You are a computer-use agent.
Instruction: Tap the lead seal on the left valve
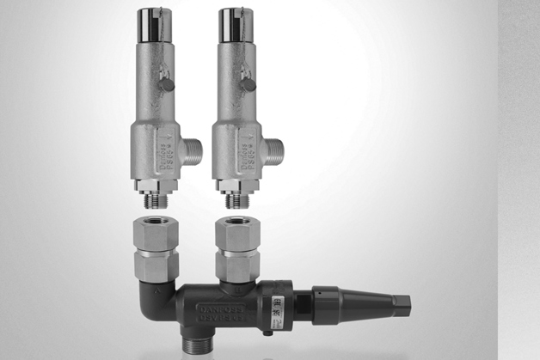[169, 85]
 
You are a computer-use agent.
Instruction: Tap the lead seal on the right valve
[249, 84]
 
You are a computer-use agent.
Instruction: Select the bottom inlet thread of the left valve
[156, 200]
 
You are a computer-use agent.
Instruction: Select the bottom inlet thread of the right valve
[236, 200]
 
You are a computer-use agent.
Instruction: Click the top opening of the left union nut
[156, 227]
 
